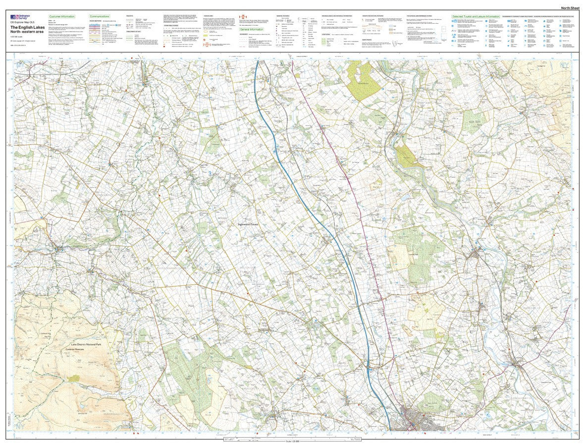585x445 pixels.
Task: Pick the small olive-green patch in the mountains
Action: (x=74, y=378)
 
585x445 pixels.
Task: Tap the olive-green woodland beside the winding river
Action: (x=406, y=155)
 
